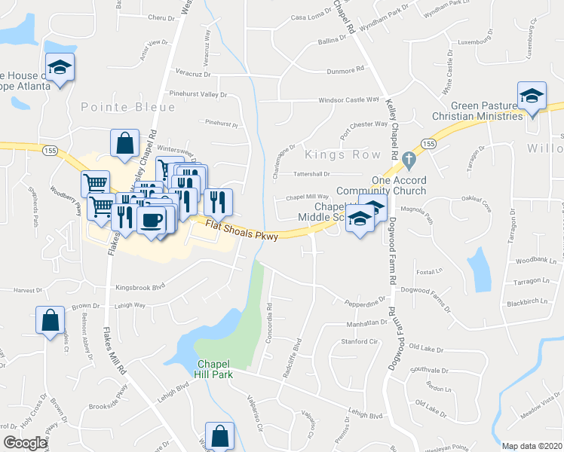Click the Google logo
click(x=25, y=443)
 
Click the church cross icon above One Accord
click(x=409, y=160)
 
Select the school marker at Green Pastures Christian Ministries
click(x=532, y=96)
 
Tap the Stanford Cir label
click(x=358, y=341)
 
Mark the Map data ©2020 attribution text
click(x=532, y=446)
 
